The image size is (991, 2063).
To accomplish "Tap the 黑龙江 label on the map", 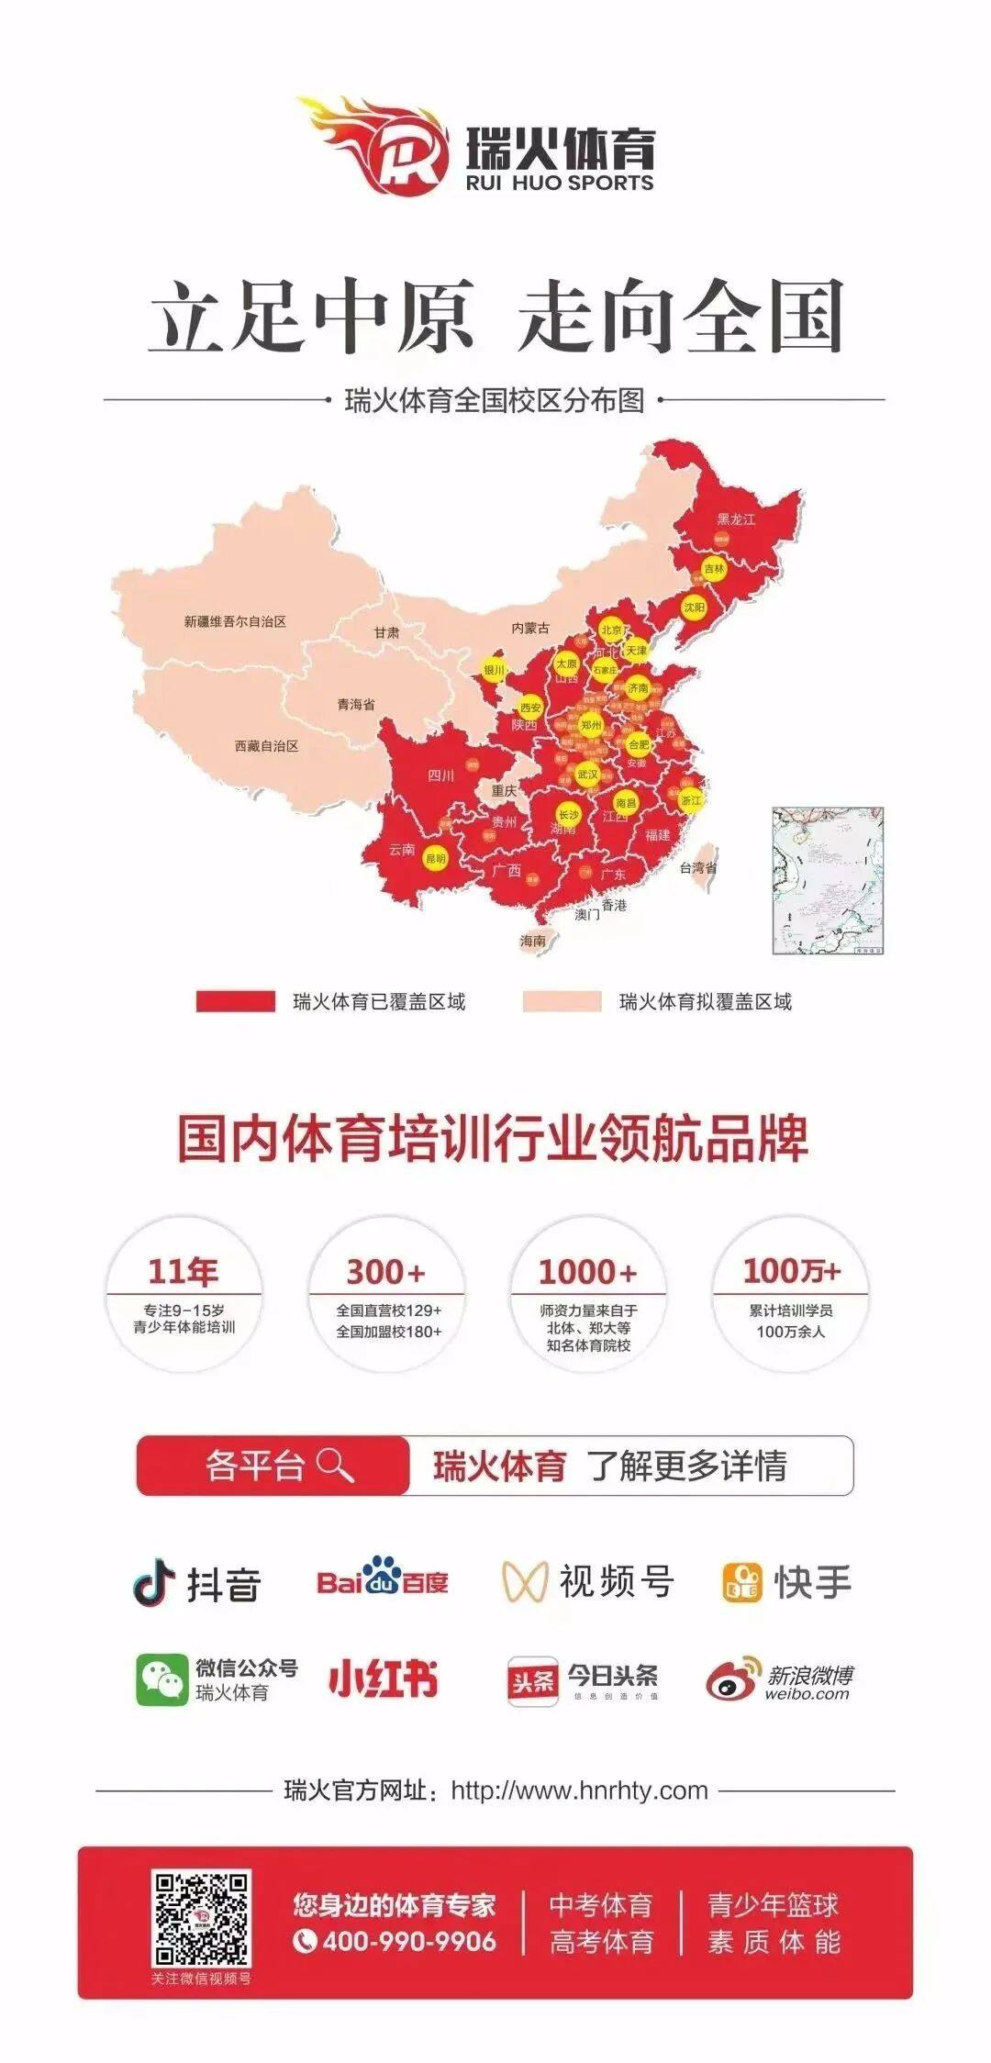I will (x=736, y=519).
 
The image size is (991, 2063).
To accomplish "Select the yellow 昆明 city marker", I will (x=435, y=860).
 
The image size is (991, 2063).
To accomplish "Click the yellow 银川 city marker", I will (x=494, y=670).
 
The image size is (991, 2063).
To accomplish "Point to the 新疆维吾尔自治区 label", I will (x=235, y=621).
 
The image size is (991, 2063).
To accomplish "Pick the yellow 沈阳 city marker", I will (x=695, y=608).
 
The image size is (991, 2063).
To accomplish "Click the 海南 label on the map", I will (x=532, y=941).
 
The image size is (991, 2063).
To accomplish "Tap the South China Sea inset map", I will (x=828, y=881).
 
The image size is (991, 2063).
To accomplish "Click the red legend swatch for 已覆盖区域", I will (x=235, y=1001).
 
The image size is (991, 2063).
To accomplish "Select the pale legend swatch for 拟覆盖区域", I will (x=562, y=1001).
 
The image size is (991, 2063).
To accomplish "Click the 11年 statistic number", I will (x=184, y=1272).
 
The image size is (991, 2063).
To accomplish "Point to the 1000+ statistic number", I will (x=587, y=1272).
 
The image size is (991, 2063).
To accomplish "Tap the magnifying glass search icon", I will (x=334, y=1466).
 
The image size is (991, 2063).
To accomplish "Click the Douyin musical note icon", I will (x=154, y=1582).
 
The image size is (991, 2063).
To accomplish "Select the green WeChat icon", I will (x=161, y=1680).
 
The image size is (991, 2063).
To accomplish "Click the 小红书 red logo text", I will (x=384, y=1678).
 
